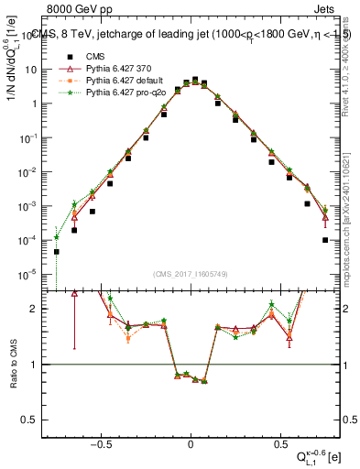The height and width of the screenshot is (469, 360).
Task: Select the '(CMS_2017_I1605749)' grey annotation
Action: tap(191, 274)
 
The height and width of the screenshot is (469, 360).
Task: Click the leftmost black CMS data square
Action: tap(57, 252)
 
